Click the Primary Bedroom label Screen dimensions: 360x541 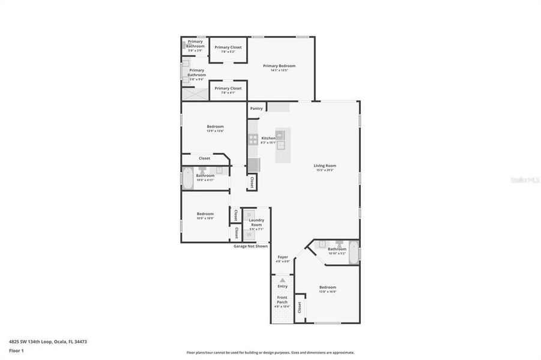pos(279,66)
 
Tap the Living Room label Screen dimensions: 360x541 pos(325,166)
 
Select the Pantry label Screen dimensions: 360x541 pos(256,109)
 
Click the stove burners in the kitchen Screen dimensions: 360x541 pos(253,140)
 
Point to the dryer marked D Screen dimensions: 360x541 pos(249,214)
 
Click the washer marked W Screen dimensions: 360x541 pos(249,235)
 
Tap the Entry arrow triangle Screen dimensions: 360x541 pos(282,280)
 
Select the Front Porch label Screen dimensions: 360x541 pos(282,299)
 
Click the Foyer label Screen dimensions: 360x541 pos(283,257)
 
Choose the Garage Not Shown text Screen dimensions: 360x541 pos(251,246)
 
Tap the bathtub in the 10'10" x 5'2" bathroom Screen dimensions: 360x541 pos(354,251)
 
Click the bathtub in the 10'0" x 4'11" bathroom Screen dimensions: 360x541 pos(188,178)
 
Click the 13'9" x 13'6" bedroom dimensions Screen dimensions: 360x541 pos(215,131)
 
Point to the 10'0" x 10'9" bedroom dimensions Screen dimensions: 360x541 pos(205,218)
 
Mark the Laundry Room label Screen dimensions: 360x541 pos(256,223)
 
